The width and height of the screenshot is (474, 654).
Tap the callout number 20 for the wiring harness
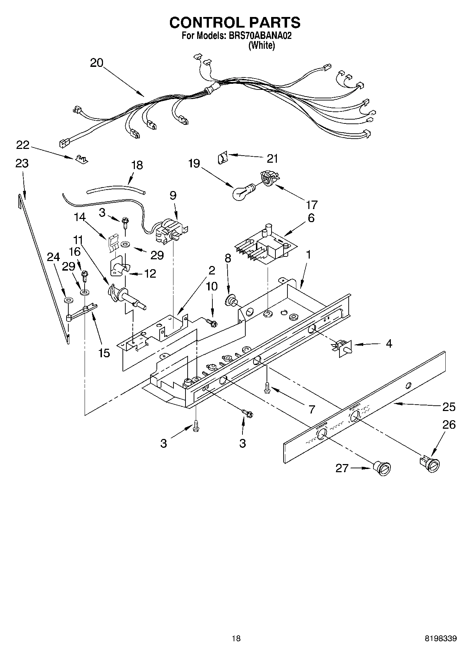tap(96, 63)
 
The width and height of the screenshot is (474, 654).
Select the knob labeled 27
tap(382, 468)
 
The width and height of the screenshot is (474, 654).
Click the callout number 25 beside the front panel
tap(449, 407)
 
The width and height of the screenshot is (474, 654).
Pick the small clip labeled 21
tap(222, 157)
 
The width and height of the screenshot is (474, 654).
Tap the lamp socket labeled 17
tap(268, 177)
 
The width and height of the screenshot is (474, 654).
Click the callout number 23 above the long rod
tap(22, 163)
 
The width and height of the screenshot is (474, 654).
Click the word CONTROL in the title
tap(203, 23)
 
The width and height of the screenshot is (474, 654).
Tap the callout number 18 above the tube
tap(137, 165)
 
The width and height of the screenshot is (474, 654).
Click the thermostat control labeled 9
tap(171, 231)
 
